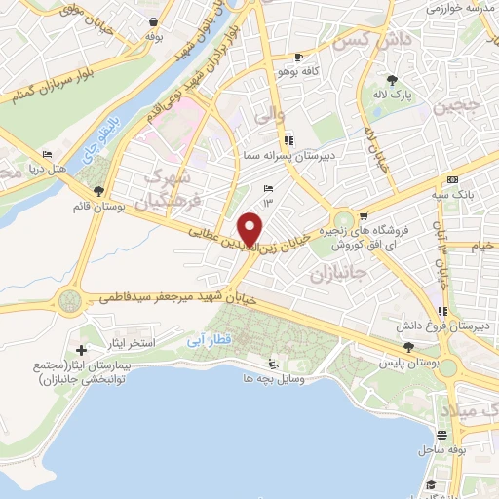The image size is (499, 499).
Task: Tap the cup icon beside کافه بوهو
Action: [x=311, y=57]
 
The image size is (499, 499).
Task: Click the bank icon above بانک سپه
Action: [x=452, y=180]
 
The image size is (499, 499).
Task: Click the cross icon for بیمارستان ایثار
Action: [x=81, y=349]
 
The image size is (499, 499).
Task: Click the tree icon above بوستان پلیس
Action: [x=408, y=348]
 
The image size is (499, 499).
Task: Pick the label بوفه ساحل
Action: [x=441, y=451]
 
